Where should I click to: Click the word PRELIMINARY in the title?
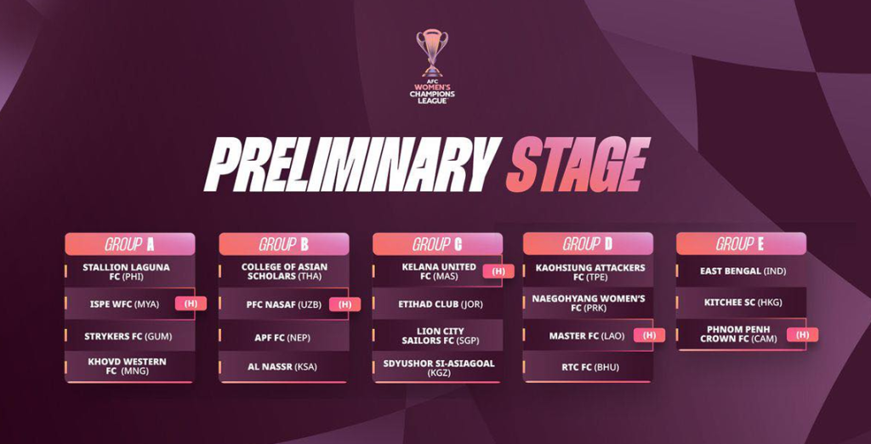pyautogui.click(x=353, y=164)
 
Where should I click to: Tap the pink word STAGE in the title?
pyautogui.click(x=578, y=164)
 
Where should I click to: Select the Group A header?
pyautogui.click(x=130, y=244)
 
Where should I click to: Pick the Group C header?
pyautogui.click(x=438, y=244)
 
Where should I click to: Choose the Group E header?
pyautogui.click(x=741, y=243)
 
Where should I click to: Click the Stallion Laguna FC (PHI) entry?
pyautogui.click(x=126, y=271)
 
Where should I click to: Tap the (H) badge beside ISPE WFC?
pyautogui.click(x=191, y=304)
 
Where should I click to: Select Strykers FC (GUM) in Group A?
pyautogui.click(x=128, y=336)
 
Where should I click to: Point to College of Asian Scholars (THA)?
pyautogui.click(x=284, y=271)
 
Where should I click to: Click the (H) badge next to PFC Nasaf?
pyautogui.click(x=345, y=304)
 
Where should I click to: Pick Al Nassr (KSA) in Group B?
pyautogui.click(x=282, y=367)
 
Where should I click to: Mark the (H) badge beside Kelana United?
pyautogui.click(x=498, y=271)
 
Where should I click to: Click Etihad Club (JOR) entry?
pyautogui.click(x=441, y=304)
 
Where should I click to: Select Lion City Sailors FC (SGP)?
pyautogui.click(x=441, y=336)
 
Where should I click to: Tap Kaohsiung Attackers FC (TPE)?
pyautogui.click(x=590, y=271)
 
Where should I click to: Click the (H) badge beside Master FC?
pyautogui.click(x=649, y=335)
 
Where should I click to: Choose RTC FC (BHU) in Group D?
pyautogui.click(x=590, y=367)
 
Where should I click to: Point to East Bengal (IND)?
pyautogui.click(x=741, y=271)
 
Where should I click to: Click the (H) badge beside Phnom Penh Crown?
pyautogui.click(x=803, y=334)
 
